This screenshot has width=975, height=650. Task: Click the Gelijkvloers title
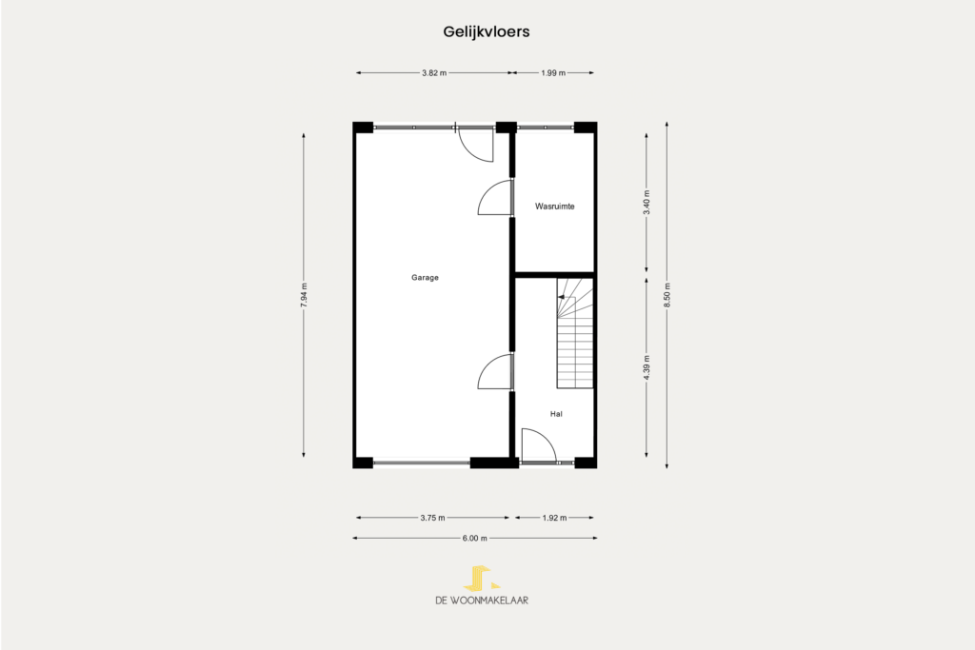[487, 31]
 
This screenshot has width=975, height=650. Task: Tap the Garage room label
[425, 278]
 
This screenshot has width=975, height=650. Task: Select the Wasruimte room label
[555, 207]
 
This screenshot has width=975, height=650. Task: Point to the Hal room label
[556, 414]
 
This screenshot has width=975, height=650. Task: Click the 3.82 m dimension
[434, 72]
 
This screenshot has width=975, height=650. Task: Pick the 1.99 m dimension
[553, 72]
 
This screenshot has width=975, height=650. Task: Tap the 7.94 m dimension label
[304, 296]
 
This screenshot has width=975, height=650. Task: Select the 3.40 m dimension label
[647, 202]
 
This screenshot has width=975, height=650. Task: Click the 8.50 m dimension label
[667, 295]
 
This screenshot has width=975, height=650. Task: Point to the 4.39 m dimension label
[647, 367]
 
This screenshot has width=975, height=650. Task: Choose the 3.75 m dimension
[433, 518]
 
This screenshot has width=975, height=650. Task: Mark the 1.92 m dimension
[554, 518]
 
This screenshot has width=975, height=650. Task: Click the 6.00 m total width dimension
[474, 538]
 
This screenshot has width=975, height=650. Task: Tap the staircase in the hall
[575, 333]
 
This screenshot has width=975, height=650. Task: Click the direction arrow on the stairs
[561, 298]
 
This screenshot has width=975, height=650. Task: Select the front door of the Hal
[539, 445]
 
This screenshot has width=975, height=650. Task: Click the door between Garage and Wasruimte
[495, 198]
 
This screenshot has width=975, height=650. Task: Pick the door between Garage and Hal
[495, 371]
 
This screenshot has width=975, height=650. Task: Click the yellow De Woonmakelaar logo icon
[481, 578]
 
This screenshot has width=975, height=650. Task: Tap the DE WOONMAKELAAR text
[482, 601]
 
